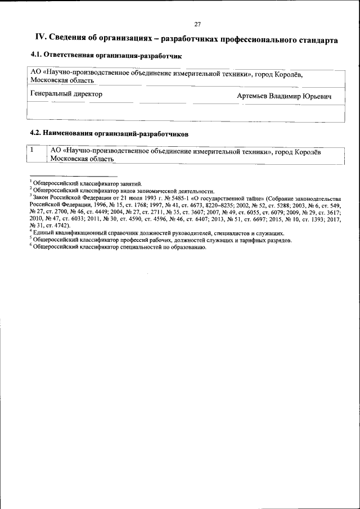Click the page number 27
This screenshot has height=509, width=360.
[197, 24]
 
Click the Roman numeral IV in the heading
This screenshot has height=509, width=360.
[40, 38]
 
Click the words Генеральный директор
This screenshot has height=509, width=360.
[66, 94]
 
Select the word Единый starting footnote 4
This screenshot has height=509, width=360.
[44, 232]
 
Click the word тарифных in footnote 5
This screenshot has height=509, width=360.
[247, 240]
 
